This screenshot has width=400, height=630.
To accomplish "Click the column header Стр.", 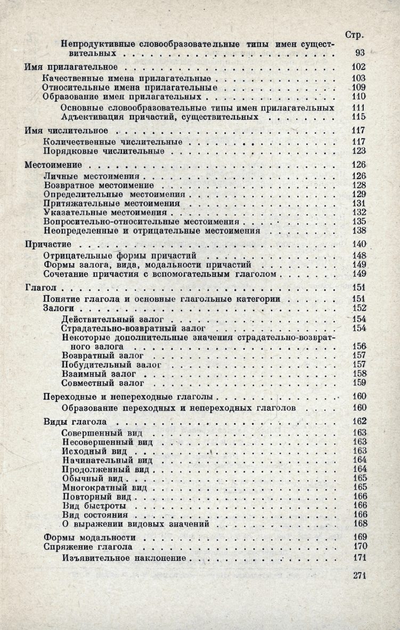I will [354, 35].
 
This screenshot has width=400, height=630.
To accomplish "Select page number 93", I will [360, 53].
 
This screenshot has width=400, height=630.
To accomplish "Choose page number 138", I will [359, 231].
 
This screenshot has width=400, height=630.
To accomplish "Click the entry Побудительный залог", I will [111, 365].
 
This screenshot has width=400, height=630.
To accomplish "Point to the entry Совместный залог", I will [103, 383].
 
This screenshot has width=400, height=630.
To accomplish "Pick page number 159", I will [360, 383].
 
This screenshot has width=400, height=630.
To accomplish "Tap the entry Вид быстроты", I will [94, 505].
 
